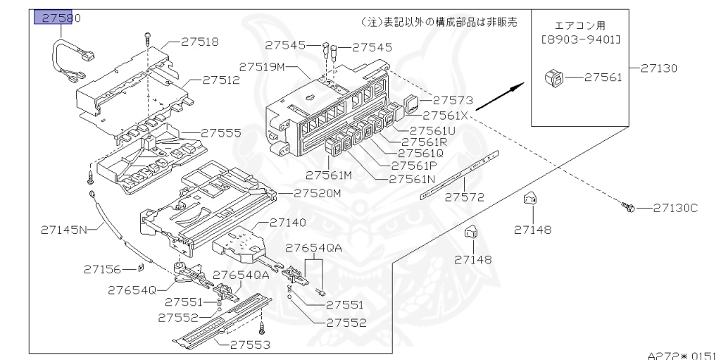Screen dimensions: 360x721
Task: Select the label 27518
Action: click(x=199, y=42)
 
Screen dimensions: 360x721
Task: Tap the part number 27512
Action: click(x=221, y=80)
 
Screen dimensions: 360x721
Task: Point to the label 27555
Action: click(x=221, y=132)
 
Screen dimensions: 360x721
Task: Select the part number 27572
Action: click(x=464, y=197)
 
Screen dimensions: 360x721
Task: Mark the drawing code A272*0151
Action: click(x=683, y=356)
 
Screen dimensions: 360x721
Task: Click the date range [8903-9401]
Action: click(x=581, y=40)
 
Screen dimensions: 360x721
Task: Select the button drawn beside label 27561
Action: click(x=554, y=77)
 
